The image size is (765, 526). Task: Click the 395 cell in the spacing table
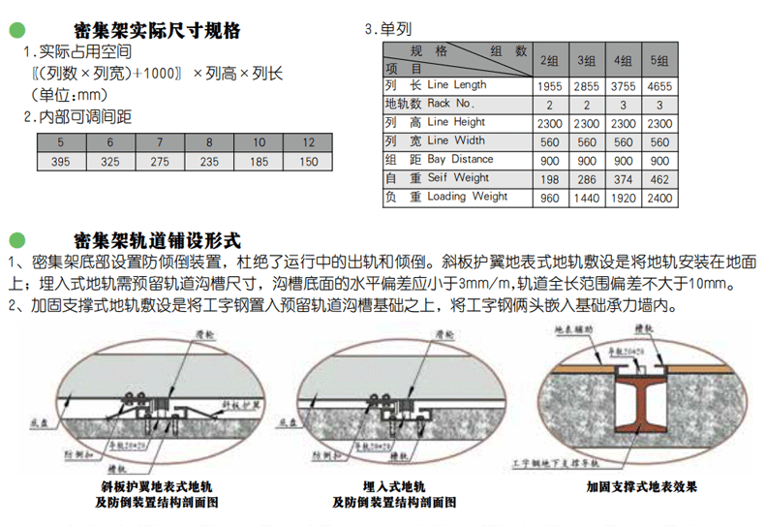[61, 162]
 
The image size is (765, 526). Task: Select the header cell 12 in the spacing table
[308, 142]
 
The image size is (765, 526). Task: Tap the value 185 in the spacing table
[259, 162]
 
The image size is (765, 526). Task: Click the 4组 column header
[623, 60]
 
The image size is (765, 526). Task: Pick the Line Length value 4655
[658, 86]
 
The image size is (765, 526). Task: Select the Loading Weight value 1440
[586, 198]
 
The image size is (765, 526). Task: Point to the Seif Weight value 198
[549, 179]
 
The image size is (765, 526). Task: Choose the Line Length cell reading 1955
[549, 86]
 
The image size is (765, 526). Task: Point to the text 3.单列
[385, 30]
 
